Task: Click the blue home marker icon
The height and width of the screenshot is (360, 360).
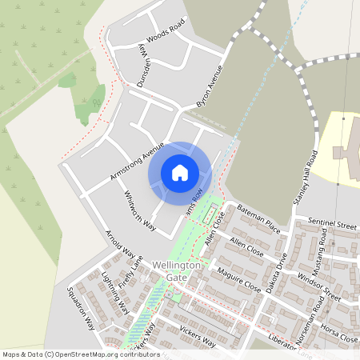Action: tap(180, 173)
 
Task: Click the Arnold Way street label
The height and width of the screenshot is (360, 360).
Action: tap(121, 243)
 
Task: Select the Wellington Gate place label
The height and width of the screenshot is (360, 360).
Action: tap(176, 270)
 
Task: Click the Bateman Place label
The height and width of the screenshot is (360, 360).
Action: tap(258, 217)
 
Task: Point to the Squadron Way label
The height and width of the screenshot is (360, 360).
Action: tap(81, 309)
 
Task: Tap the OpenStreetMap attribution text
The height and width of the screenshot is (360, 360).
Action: tap(70, 354)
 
